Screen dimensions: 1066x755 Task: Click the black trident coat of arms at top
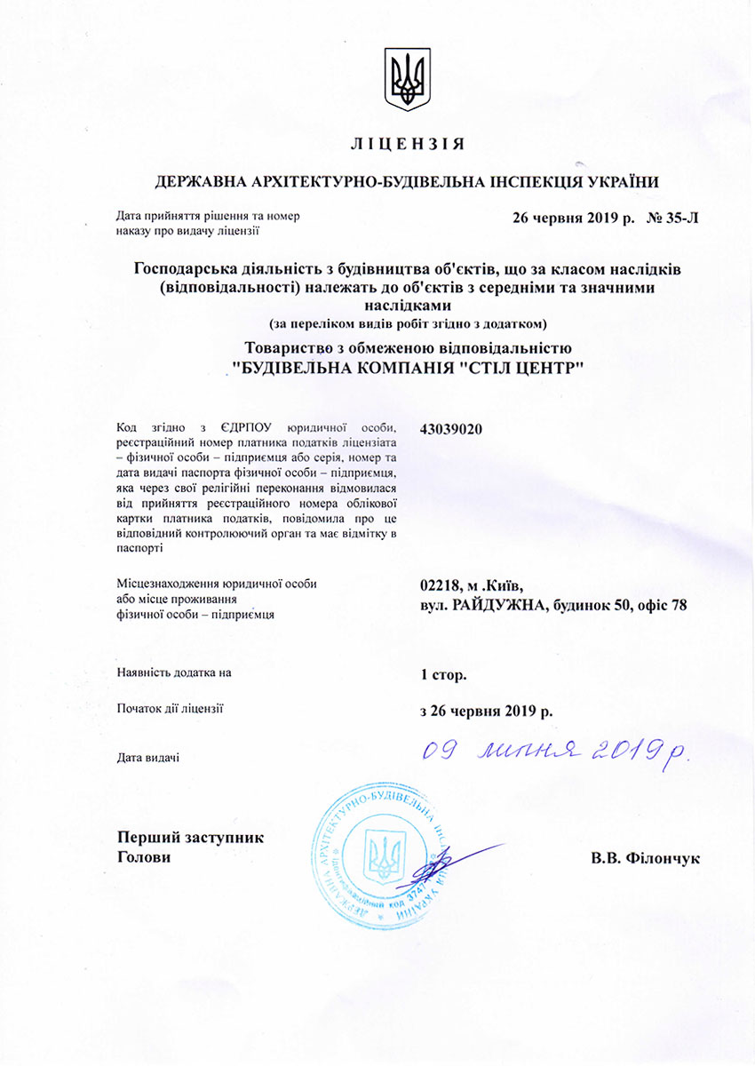pos(407,79)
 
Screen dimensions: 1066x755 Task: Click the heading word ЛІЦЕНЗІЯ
pos(407,143)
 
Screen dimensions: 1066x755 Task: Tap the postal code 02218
pos(441,585)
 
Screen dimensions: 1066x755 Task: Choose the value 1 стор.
pos(443,674)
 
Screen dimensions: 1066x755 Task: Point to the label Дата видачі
pos(148,758)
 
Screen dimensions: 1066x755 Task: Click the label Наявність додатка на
pos(174,672)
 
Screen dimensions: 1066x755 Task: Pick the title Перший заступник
pos(190,838)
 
